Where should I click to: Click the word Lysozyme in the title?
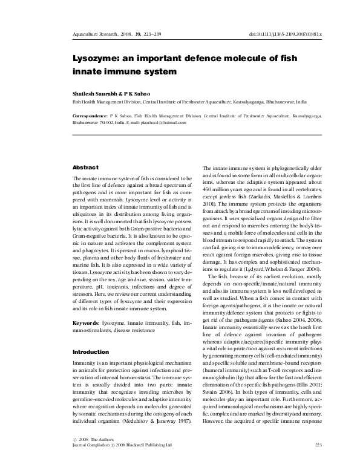click(x=96, y=60)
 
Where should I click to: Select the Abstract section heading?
click(x=85, y=167)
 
